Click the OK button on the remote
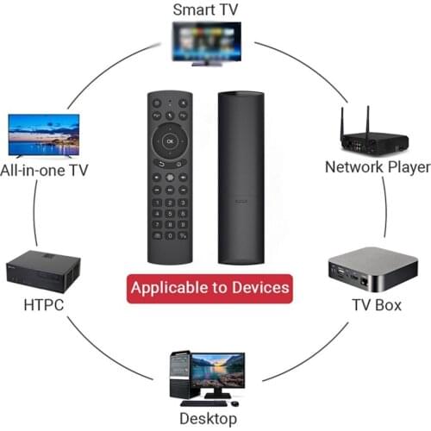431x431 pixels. (x=170, y=140)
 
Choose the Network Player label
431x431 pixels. (x=377, y=166)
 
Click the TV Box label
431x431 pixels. (x=376, y=305)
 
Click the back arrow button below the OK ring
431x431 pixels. (x=158, y=161)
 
